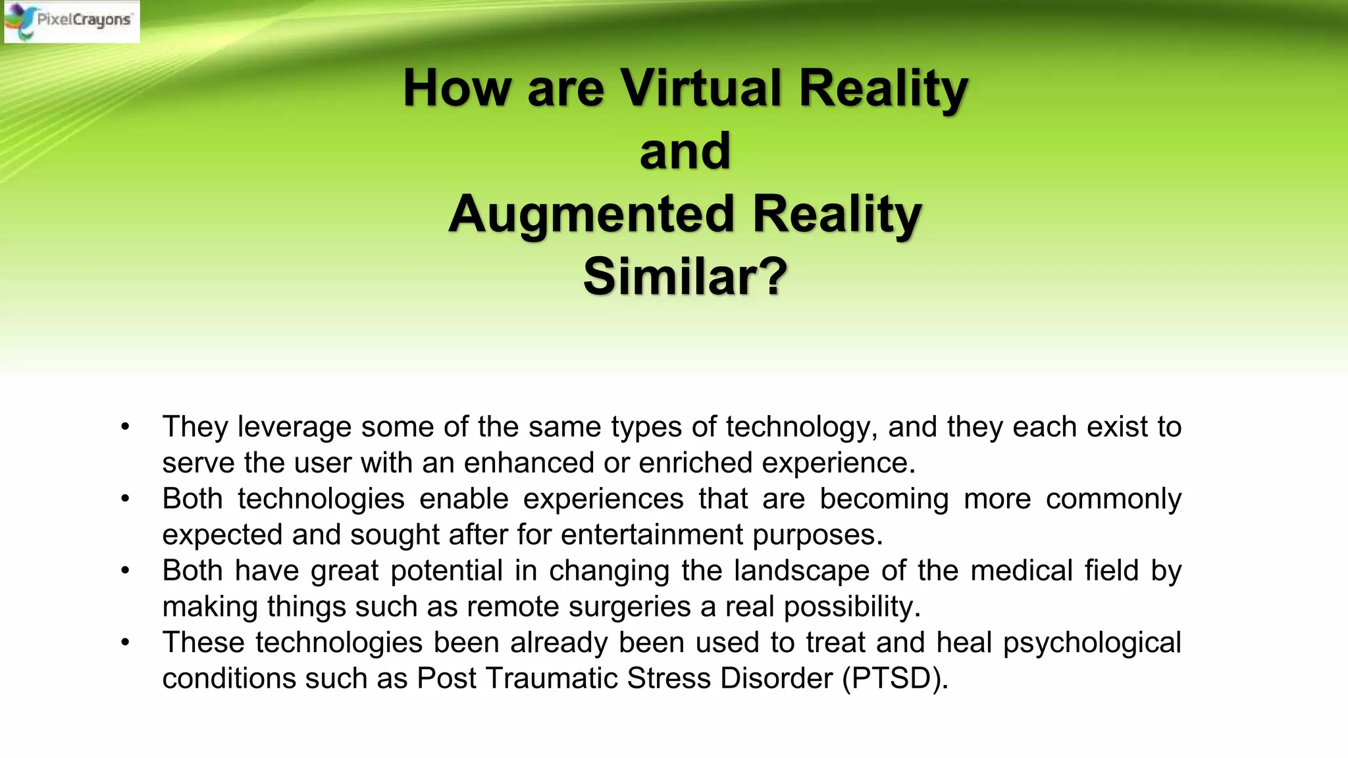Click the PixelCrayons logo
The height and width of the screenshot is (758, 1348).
71,21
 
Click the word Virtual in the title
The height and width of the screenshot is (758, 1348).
700,88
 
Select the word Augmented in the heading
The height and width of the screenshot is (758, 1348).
591,215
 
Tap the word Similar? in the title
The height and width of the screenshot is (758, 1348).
685,277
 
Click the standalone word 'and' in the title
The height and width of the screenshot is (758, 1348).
685,151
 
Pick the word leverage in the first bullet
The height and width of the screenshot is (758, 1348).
294,427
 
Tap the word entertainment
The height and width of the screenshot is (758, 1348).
651,534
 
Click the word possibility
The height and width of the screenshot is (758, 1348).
852,607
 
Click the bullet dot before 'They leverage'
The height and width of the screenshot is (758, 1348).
125,427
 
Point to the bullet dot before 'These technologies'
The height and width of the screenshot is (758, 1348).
125,642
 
